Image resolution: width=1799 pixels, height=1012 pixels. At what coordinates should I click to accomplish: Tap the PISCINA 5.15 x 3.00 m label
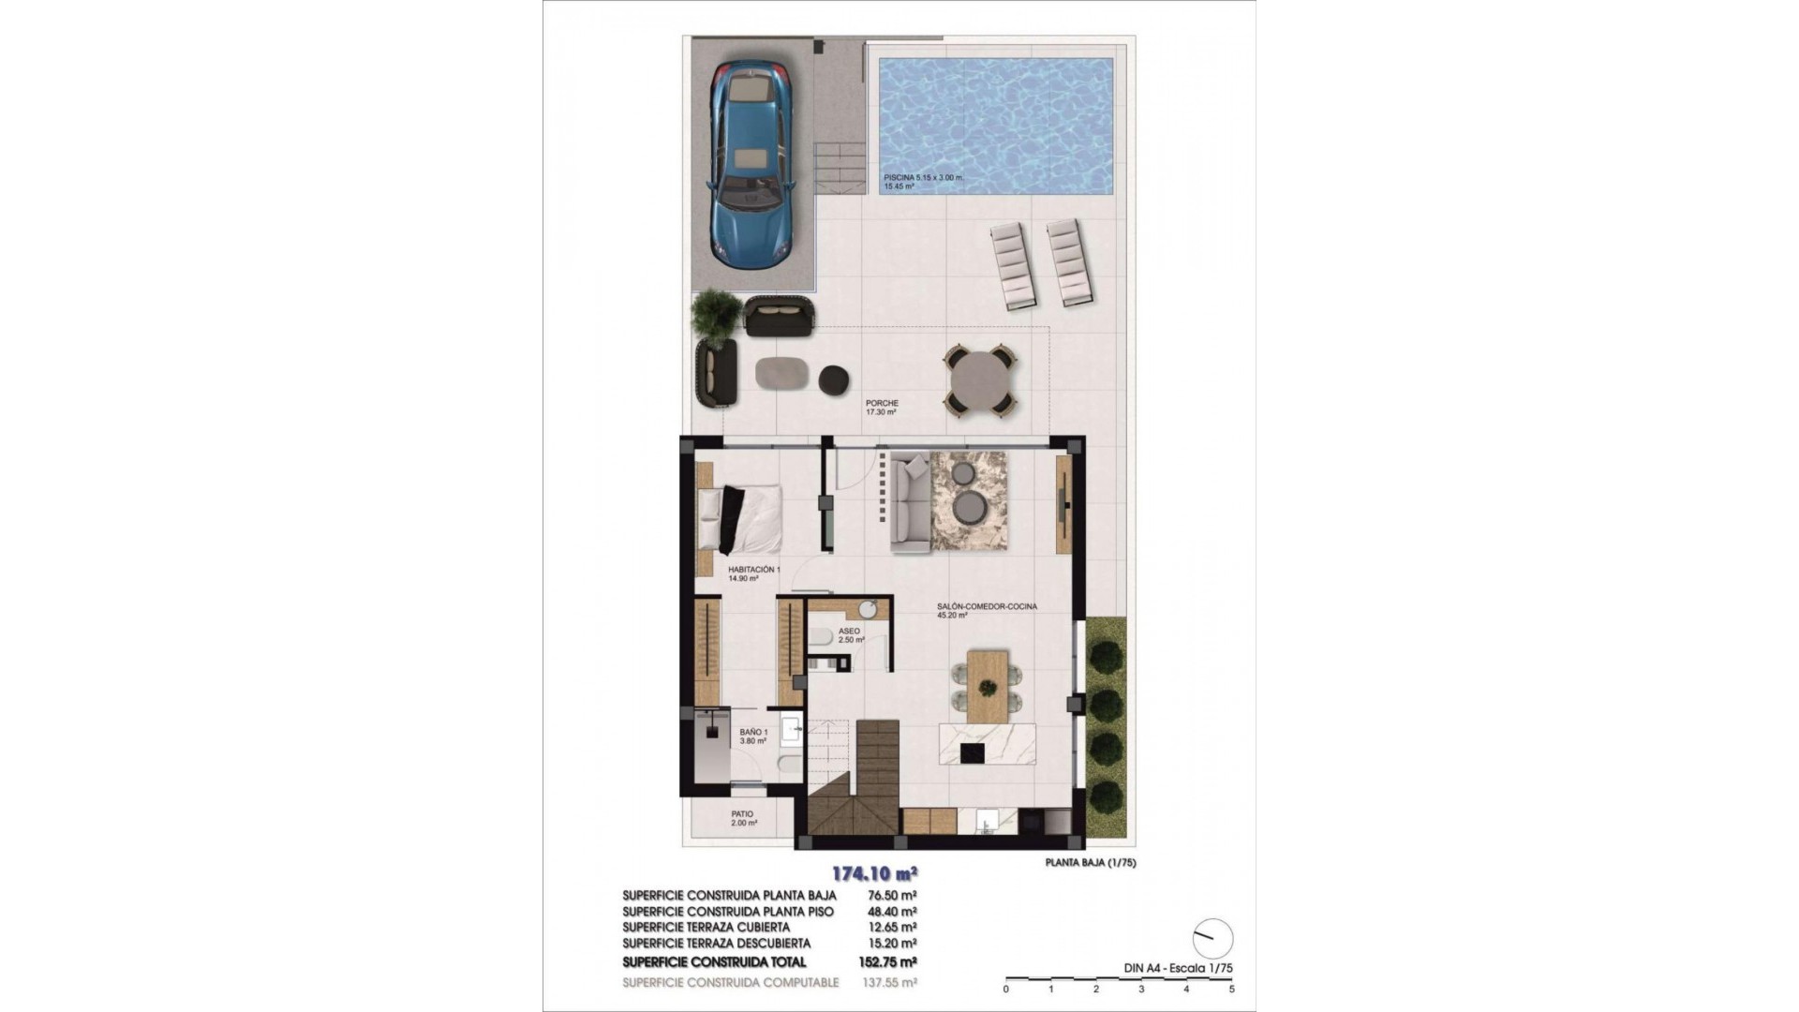coord(923,178)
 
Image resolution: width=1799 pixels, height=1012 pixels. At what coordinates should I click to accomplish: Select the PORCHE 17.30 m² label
coord(882,408)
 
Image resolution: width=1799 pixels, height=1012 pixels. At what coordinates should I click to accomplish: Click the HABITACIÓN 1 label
coord(753,570)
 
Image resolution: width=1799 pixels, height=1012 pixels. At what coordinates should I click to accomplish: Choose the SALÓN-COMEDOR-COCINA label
coord(987,607)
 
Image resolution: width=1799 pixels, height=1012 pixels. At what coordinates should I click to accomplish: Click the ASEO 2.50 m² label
coord(850,635)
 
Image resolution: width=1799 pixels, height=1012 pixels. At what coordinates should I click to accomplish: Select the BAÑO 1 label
coord(753,736)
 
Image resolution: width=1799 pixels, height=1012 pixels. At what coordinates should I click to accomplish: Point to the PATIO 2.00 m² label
coord(744,818)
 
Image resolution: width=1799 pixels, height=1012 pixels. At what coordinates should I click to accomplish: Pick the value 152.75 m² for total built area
coord(887,961)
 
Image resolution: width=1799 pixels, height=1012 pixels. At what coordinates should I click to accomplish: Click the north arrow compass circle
coord(1212,938)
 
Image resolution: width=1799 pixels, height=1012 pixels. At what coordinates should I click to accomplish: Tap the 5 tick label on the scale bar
coord(1231,989)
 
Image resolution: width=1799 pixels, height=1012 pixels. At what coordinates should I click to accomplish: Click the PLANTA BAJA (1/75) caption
coord(1090,863)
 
